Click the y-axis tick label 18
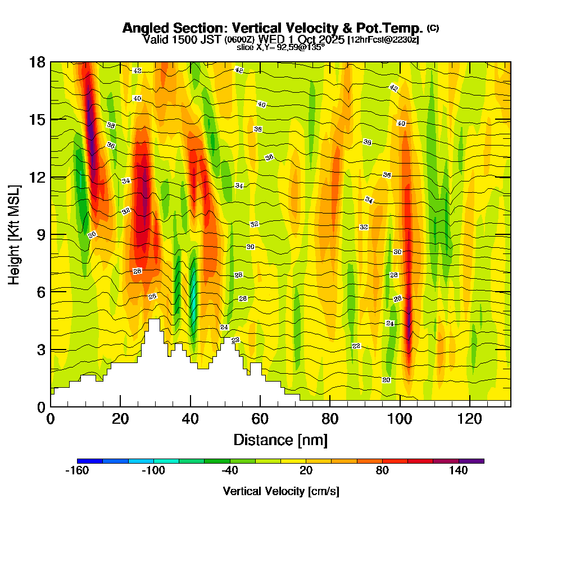pos(37,62)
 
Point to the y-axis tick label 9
pos(40,234)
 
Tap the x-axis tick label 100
pos(400,419)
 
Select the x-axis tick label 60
pos(260,419)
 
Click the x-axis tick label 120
pos(469,419)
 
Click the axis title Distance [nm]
pos(280,439)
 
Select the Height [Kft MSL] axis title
pos(14,234)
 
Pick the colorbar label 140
pos(459,471)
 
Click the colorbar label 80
pos(382,471)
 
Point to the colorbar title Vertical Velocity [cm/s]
pos(280,491)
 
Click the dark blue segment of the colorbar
pos(90,461)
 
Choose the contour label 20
pos(386,380)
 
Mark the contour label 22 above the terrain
pos(235,340)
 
